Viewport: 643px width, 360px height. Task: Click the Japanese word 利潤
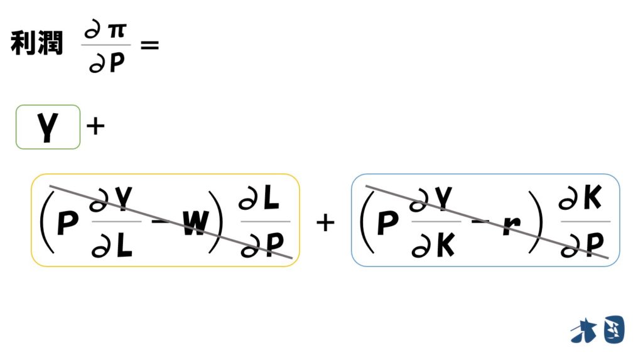click(x=37, y=43)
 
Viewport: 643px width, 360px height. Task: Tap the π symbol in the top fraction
click(x=117, y=30)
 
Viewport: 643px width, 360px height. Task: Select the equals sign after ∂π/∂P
click(x=149, y=45)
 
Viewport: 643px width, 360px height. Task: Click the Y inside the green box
click(x=48, y=127)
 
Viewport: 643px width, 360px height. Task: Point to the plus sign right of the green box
click(x=95, y=126)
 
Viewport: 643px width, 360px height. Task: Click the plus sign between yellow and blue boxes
click(x=326, y=223)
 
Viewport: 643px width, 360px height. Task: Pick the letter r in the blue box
click(x=512, y=225)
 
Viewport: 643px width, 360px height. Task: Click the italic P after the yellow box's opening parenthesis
click(x=68, y=223)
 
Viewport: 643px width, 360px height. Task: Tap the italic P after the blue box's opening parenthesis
click(x=387, y=223)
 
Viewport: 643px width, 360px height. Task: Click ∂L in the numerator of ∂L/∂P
click(x=259, y=199)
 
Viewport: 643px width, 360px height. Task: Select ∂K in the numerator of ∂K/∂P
click(x=580, y=199)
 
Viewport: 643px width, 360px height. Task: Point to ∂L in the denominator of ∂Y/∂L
click(x=112, y=246)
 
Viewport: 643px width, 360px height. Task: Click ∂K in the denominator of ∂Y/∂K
click(x=433, y=246)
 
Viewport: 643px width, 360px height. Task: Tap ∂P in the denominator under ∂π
click(x=107, y=63)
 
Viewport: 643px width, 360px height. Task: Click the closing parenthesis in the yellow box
click(x=216, y=222)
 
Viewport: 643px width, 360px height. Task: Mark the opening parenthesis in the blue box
click(x=367, y=222)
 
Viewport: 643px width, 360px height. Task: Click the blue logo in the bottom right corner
click(x=598, y=330)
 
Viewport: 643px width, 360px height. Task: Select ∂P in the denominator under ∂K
click(x=582, y=246)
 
